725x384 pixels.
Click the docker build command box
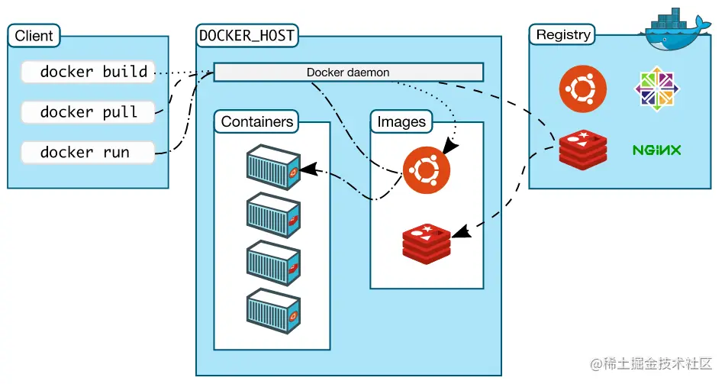(87, 72)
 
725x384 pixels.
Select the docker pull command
(87, 111)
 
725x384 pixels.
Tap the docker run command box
(87, 152)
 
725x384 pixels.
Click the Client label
(34, 36)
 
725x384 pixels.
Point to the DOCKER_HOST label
(246, 35)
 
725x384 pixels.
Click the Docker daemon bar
(348, 73)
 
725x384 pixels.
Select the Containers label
(256, 121)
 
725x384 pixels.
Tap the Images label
(401, 121)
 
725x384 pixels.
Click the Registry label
(563, 34)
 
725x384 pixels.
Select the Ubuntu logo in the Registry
(583, 89)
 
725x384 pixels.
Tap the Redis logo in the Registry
(583, 149)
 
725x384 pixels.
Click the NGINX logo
(656, 150)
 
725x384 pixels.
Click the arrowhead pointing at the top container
(307, 168)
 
